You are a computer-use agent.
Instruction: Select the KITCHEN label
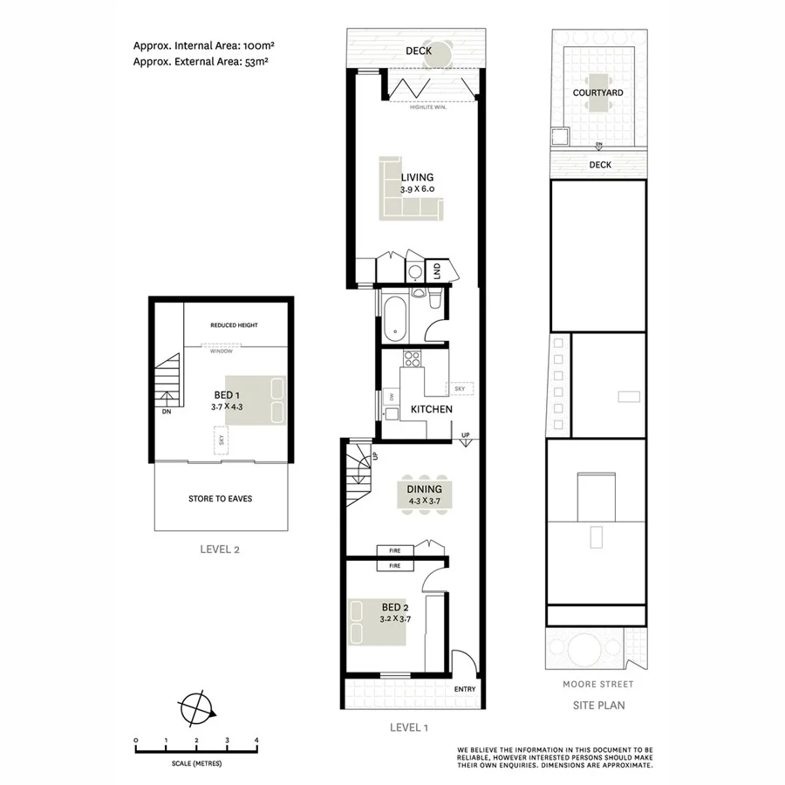coord(431,409)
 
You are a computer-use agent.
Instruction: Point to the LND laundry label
coord(437,270)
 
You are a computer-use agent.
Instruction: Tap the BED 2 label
coord(394,607)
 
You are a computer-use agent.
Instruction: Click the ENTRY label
coord(465,689)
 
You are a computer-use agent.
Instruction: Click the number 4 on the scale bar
coord(256,741)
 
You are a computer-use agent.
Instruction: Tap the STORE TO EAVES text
coord(222,499)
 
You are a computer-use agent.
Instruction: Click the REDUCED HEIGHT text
coord(234,325)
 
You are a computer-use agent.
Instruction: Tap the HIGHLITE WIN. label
coord(430,106)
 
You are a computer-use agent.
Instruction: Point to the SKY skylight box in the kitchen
coord(459,388)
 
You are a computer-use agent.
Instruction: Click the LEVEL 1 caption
coord(409,726)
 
